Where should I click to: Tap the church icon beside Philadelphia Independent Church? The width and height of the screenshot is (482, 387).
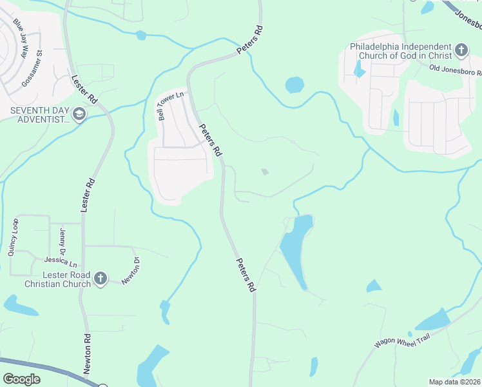click(461, 50)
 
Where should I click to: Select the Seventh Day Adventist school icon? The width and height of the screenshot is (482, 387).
click(79, 115)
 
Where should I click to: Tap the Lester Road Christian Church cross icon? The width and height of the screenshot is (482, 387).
click(100, 279)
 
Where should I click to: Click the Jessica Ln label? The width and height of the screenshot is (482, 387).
click(61, 263)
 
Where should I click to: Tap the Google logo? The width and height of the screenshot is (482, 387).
click(21, 379)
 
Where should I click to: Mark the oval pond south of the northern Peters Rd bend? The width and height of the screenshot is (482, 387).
click(294, 84)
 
